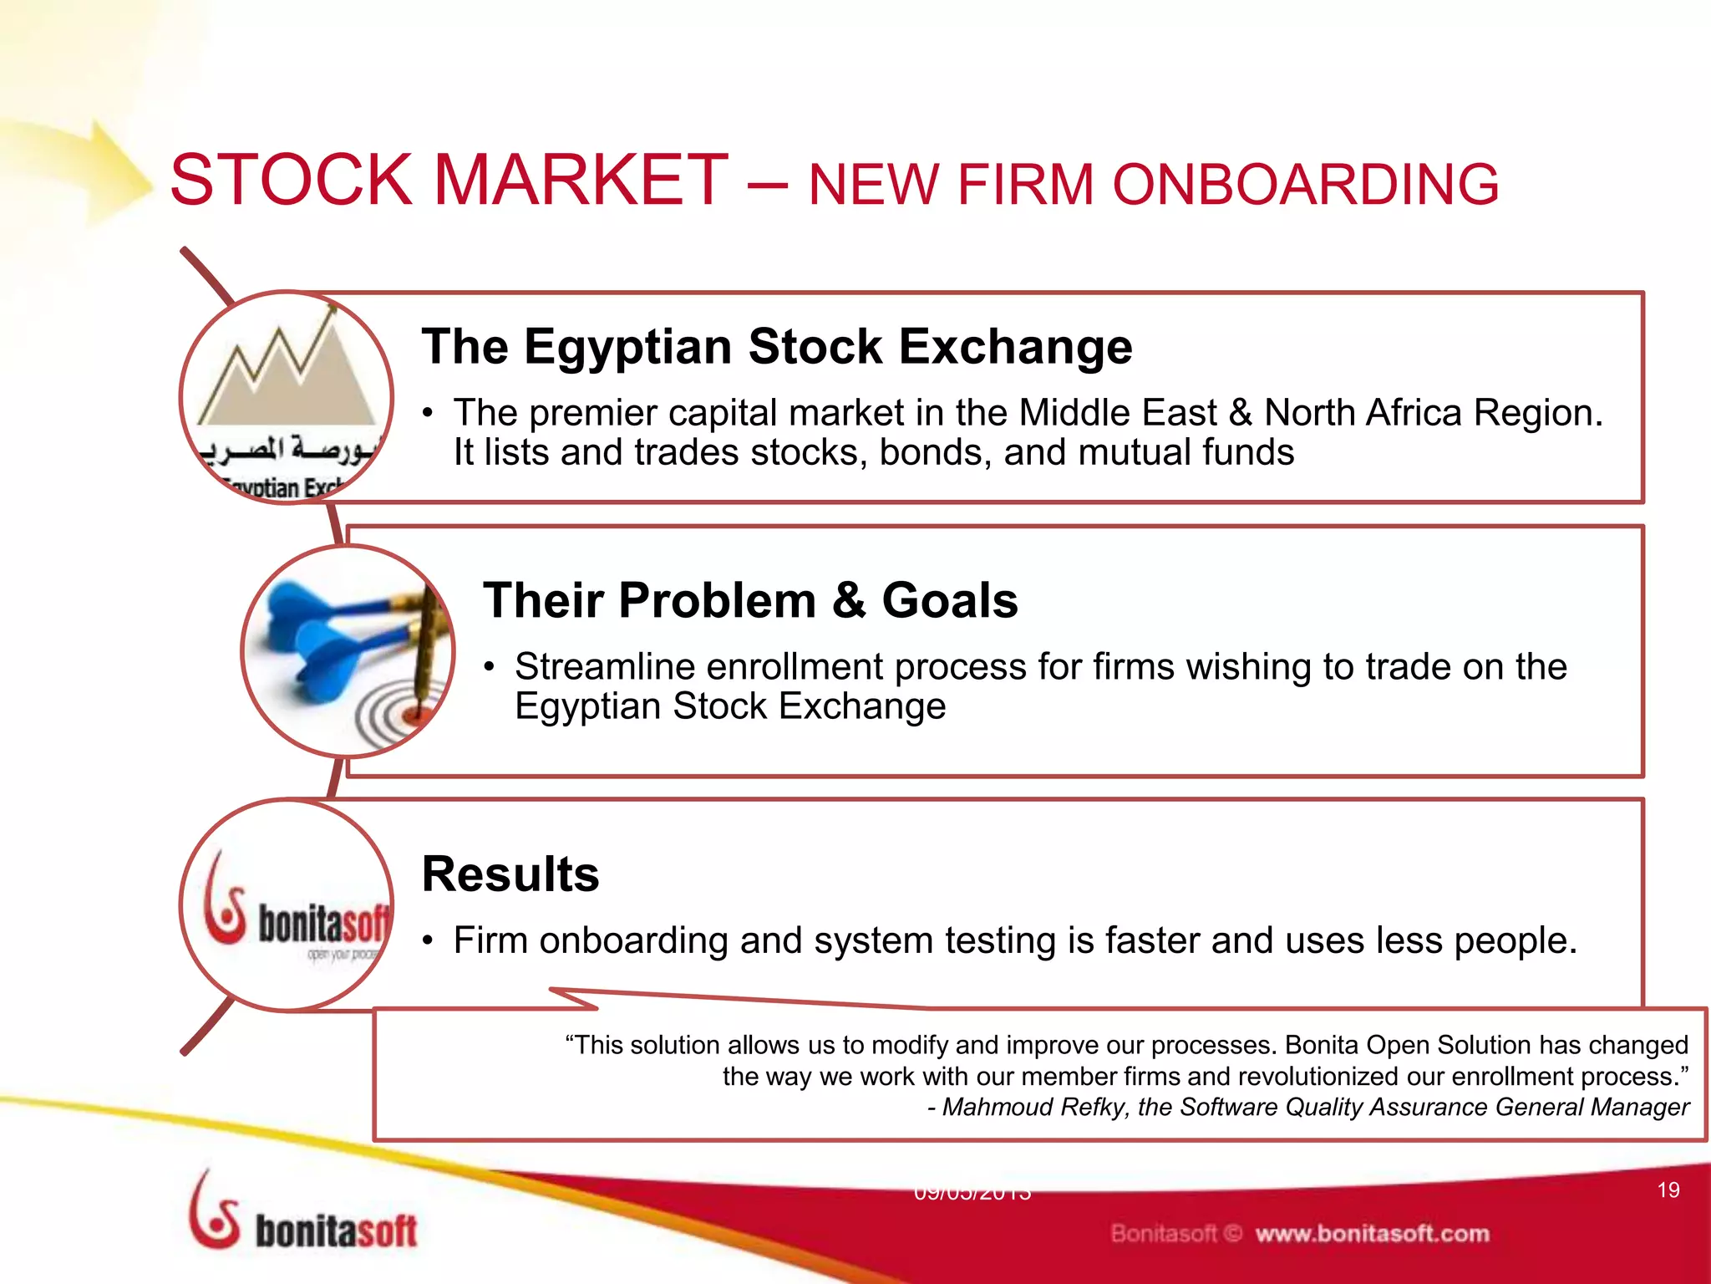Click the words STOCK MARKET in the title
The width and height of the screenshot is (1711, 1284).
(449, 180)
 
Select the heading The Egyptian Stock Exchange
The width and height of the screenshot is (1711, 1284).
(776, 346)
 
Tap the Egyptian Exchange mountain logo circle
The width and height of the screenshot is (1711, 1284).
(287, 396)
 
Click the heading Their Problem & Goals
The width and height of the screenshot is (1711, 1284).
(749, 600)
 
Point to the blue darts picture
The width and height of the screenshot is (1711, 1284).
(334, 635)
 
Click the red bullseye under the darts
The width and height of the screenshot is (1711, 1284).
(412, 715)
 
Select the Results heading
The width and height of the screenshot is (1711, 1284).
(510, 874)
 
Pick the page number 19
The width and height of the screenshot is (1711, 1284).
(1668, 1190)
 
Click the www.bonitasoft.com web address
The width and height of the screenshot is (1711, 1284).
(1372, 1234)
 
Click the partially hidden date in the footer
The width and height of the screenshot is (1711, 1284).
(972, 1194)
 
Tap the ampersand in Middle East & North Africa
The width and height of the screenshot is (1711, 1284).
(1239, 413)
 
